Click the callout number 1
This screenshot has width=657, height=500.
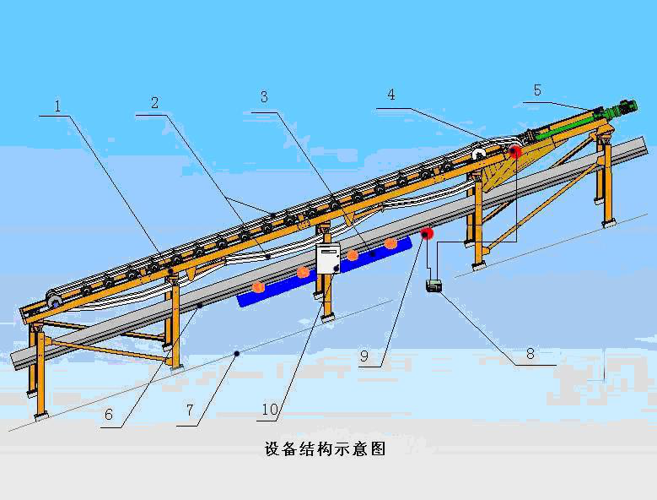coord(57,106)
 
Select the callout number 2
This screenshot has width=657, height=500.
coord(155,103)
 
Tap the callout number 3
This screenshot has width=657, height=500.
coord(264,97)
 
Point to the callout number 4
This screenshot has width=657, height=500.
coord(390,95)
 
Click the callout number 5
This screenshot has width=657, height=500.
coord(538,90)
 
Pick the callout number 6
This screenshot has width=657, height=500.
coord(110,415)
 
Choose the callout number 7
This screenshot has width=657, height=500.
coord(191,411)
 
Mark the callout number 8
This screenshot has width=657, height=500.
coord(530,354)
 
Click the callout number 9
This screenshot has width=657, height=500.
coord(364,356)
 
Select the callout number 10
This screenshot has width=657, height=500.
coord(269,410)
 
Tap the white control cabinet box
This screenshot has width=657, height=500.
coord(326,260)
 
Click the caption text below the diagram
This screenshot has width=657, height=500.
coord(326,449)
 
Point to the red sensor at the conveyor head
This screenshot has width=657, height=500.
coord(514,153)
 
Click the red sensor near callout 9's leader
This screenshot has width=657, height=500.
coord(426,233)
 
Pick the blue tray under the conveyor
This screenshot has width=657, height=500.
coord(325,270)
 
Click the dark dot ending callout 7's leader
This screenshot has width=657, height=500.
coord(237,353)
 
